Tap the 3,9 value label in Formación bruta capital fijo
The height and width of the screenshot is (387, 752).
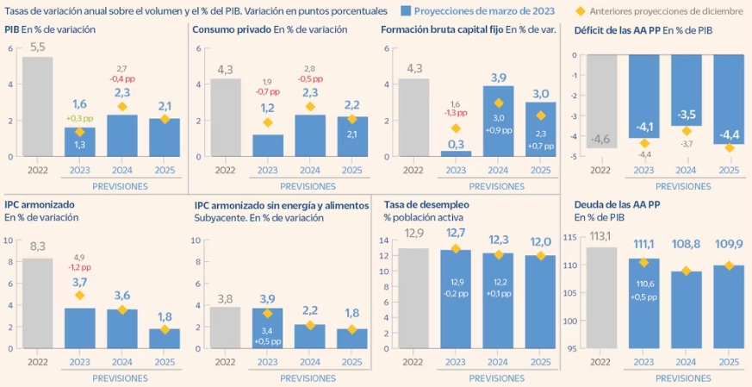498,78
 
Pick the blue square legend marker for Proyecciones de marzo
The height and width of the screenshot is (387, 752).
405,10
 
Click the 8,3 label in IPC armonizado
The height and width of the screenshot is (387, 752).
37,247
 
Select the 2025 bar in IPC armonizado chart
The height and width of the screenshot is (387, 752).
165,341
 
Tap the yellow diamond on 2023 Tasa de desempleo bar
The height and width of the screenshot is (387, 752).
456,250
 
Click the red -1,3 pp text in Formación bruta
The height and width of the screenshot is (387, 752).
455,112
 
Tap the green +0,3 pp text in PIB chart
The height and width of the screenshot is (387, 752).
79,118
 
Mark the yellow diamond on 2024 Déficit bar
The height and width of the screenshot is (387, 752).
687,131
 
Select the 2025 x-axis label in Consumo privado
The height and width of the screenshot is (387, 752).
352,171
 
